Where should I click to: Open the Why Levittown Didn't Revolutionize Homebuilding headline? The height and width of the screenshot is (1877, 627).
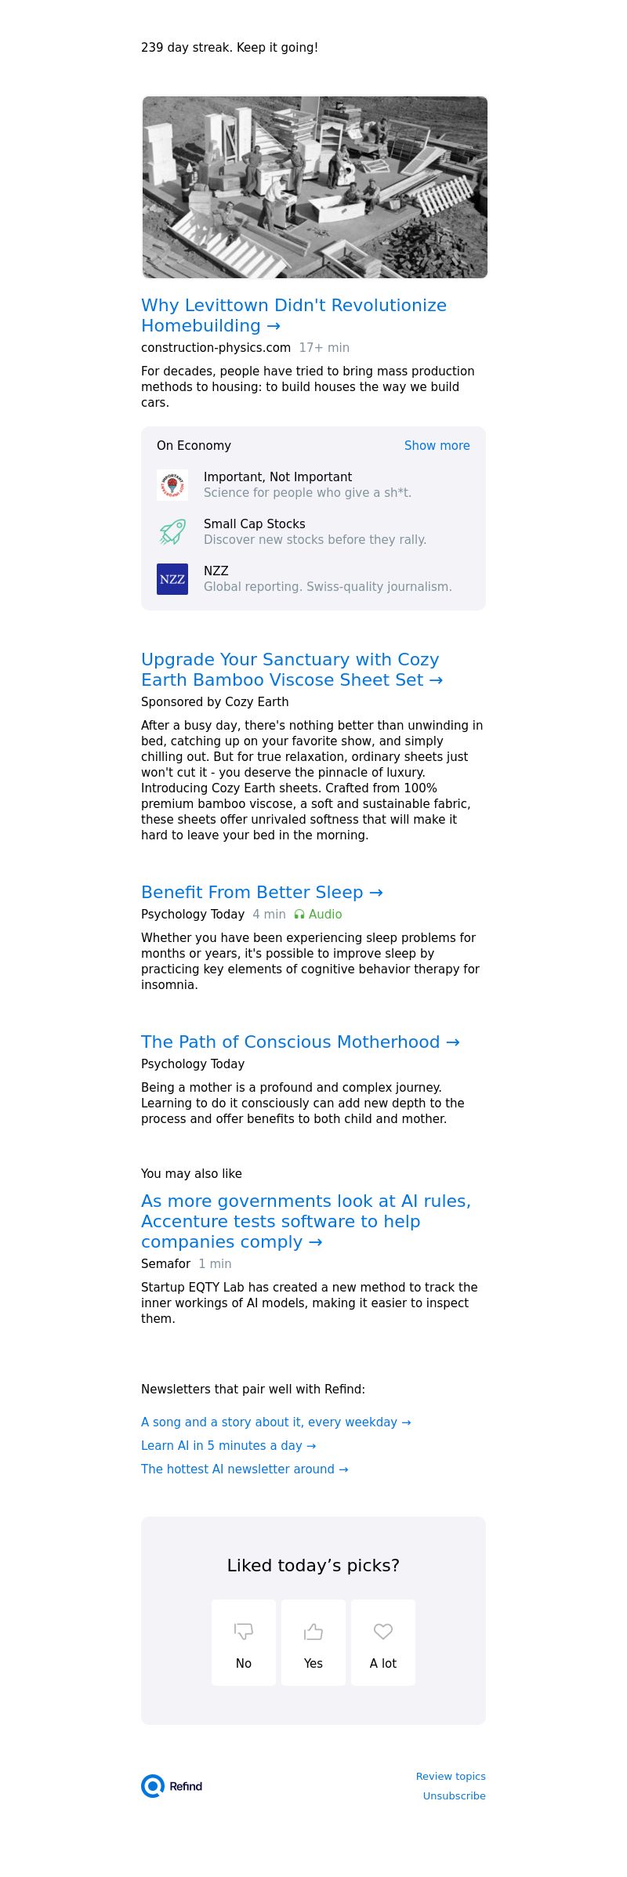pyautogui.click(x=294, y=315)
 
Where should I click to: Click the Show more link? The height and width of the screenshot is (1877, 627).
pyautogui.click(x=437, y=445)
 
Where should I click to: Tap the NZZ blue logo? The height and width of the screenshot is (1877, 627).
pyautogui.click(x=172, y=579)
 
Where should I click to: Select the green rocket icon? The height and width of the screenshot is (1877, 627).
pyautogui.click(x=172, y=532)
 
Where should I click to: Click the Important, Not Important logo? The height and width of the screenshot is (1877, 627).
pyautogui.click(x=172, y=485)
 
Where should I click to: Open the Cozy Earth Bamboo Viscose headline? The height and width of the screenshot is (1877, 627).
pyautogui.click(x=292, y=669)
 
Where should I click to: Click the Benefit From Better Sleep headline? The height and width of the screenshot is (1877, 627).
pyautogui.click(x=262, y=892)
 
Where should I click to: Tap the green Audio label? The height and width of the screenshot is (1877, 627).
pyautogui.click(x=318, y=914)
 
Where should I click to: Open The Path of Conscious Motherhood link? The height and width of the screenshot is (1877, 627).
pyautogui.click(x=300, y=1042)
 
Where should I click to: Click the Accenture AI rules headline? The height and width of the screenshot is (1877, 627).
pyautogui.click(x=306, y=1221)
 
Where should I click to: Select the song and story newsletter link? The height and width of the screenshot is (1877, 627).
pyautogui.click(x=276, y=1422)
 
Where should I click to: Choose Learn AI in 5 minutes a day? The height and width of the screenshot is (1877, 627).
pyautogui.click(x=228, y=1445)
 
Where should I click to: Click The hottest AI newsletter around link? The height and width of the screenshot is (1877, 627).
pyautogui.click(x=245, y=1469)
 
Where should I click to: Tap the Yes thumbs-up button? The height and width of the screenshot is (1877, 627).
pyautogui.click(x=313, y=1642)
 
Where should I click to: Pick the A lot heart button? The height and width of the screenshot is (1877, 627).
pyautogui.click(x=383, y=1642)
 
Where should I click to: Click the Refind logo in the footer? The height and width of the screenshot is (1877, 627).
pyautogui.click(x=172, y=1786)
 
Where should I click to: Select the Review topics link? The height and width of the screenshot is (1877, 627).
pyautogui.click(x=451, y=1776)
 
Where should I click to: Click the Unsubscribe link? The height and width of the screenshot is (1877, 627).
pyautogui.click(x=454, y=1795)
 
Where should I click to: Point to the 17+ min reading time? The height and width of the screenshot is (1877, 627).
pyautogui.click(x=324, y=347)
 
